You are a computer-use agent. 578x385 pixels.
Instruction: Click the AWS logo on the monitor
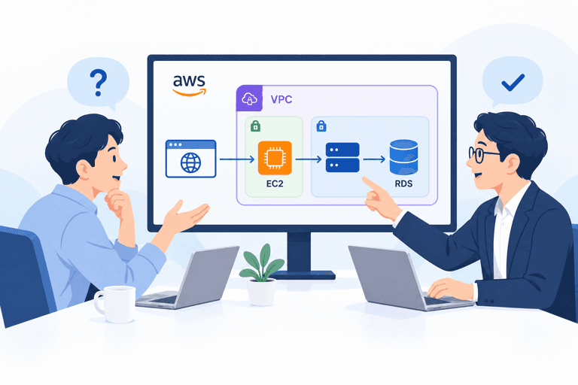[x=190, y=85]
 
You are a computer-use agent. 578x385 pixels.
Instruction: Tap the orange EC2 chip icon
[x=275, y=158]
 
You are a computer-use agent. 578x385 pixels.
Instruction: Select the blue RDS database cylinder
[x=403, y=157]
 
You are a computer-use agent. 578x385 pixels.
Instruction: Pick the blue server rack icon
[x=342, y=157]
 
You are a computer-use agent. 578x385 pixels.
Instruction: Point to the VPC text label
[x=281, y=99]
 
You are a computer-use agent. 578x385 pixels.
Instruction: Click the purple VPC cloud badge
[x=249, y=99]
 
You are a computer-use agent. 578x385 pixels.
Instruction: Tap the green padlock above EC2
[x=255, y=126]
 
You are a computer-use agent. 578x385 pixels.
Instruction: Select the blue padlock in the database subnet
[x=321, y=126]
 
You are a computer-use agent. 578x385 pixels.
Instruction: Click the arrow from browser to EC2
[x=237, y=159]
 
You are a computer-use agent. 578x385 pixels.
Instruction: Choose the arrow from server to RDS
[x=374, y=159]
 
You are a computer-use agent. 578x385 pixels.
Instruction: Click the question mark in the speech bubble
[x=99, y=83]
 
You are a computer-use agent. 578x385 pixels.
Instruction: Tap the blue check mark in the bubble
[x=513, y=83]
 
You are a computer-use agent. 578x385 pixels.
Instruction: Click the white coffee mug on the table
[x=115, y=304]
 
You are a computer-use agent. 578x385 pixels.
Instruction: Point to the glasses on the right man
[x=483, y=154]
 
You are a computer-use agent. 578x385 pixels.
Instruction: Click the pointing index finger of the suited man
[x=371, y=184]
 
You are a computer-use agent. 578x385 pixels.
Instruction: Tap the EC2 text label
[x=275, y=183]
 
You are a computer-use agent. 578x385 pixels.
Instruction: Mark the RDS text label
[x=403, y=183]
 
